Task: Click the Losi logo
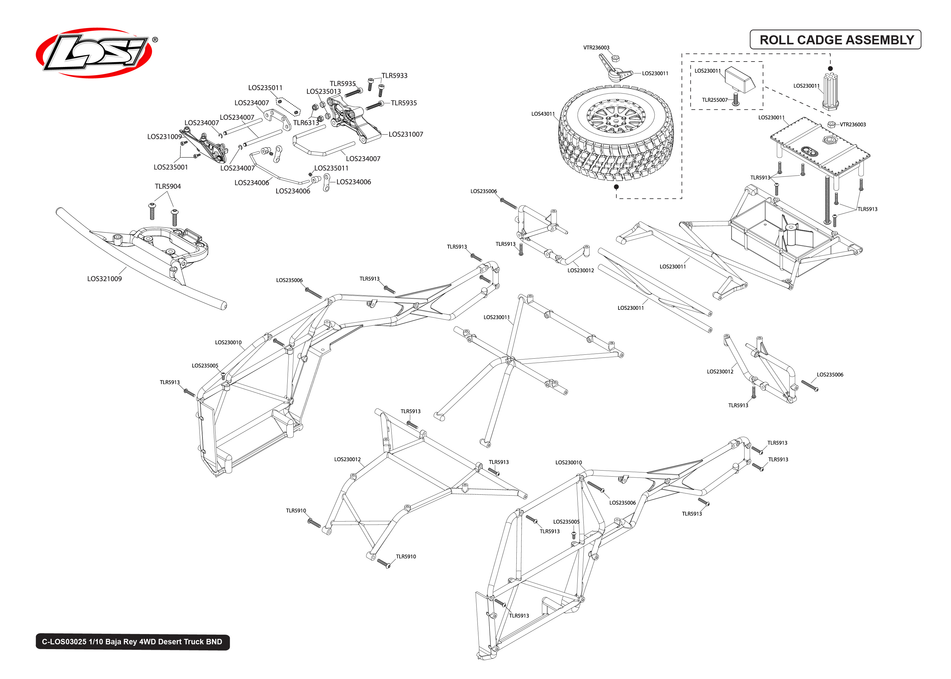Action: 94,53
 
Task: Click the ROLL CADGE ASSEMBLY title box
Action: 835,40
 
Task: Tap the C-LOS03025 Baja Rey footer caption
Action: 132,641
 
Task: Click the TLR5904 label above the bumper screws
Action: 168,186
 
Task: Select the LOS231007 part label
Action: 405,134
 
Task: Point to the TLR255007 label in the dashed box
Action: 714,100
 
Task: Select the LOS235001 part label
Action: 171,167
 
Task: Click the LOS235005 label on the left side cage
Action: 205,365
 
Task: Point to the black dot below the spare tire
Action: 616,187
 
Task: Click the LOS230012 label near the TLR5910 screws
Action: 347,459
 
